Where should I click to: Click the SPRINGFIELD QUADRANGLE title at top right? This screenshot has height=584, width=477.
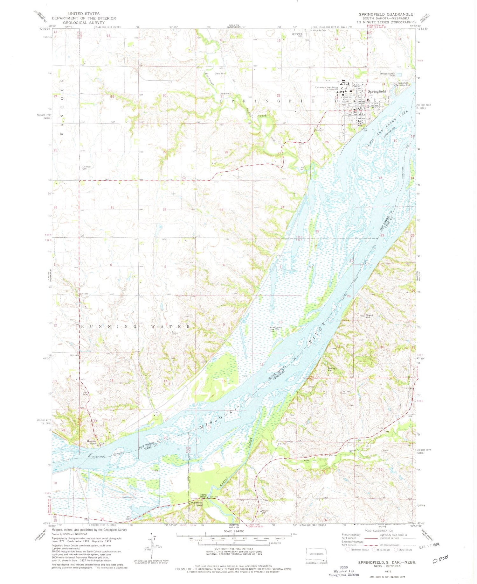[x=386, y=14]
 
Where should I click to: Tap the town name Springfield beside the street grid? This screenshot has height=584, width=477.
[x=377, y=91]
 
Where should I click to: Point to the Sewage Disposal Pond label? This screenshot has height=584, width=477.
[x=387, y=75]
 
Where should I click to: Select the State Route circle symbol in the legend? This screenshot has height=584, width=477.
[x=396, y=550]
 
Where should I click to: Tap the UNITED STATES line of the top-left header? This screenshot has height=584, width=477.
[x=84, y=14]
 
